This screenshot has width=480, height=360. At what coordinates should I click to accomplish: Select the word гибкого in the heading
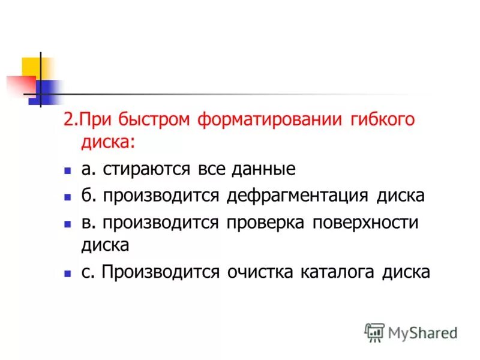pyautogui.click(x=382, y=119)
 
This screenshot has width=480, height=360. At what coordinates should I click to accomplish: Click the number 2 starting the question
pyautogui.click(x=68, y=119)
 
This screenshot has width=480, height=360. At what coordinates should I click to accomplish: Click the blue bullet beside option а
pyautogui.click(x=68, y=170)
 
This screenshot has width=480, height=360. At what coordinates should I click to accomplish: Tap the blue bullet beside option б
pyautogui.click(x=68, y=197)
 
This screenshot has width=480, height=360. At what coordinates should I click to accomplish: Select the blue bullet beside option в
pyautogui.click(x=68, y=223)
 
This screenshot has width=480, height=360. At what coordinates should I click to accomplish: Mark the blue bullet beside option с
pyautogui.click(x=68, y=273)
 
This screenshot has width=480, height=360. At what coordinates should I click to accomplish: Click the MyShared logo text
pyautogui.click(x=423, y=333)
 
